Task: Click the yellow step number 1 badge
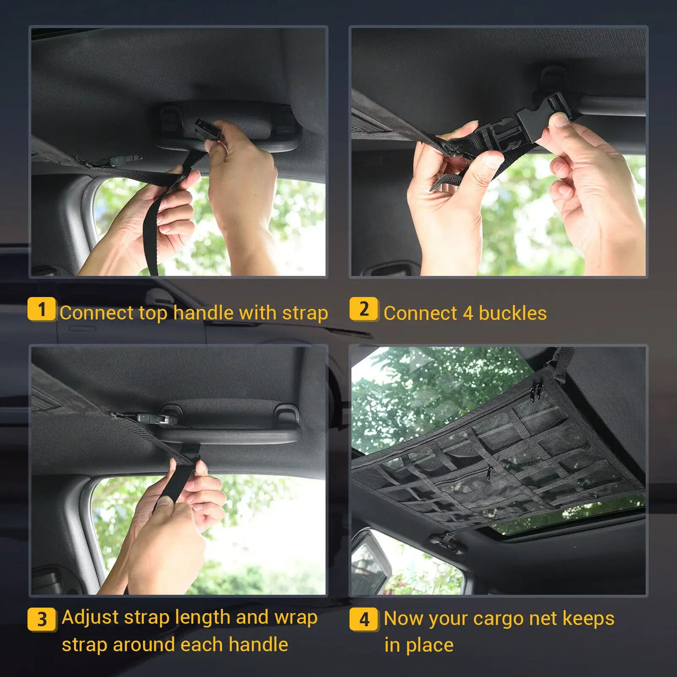41,309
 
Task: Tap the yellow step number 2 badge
364,309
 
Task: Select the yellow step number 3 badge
42,619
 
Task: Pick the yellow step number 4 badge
364,619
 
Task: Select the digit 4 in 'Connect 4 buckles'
467,313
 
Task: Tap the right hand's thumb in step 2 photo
559,121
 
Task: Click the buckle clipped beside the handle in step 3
150,419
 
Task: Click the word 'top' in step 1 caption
154,313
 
